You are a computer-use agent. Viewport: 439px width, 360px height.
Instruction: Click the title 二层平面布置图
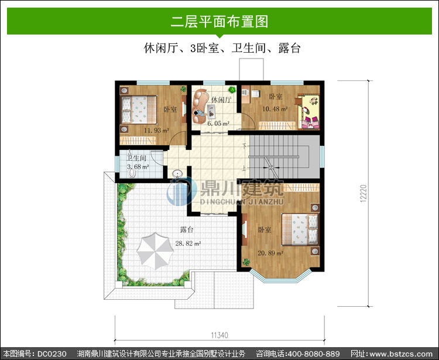[220, 22]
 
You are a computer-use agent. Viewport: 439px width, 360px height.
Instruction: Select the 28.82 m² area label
[188, 244]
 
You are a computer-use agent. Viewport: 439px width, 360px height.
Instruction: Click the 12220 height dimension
[363, 193]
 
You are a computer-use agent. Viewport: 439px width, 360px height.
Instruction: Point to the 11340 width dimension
[220, 335]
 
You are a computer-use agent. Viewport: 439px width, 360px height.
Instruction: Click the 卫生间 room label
[136, 158]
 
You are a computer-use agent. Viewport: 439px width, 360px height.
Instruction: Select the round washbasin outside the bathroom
[177, 174]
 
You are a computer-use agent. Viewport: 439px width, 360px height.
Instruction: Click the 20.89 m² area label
[270, 253]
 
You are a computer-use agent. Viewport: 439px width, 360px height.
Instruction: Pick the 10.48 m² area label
[275, 109]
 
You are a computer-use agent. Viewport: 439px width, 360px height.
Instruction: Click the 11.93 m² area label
[156, 130]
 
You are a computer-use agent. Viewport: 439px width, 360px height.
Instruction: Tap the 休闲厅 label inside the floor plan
[221, 100]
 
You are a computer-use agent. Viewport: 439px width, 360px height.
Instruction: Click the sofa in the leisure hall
[200, 106]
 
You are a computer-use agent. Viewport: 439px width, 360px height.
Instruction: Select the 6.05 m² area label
[218, 123]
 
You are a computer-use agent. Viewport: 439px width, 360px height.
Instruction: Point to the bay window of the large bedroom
[280, 276]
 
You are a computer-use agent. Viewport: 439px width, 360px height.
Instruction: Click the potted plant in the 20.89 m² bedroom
[246, 262]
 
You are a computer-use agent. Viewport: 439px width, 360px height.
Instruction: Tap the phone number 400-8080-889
[314, 354]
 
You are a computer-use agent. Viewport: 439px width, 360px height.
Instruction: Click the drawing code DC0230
[52, 354]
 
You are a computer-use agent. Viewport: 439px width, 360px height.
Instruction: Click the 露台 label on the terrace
[187, 230]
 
